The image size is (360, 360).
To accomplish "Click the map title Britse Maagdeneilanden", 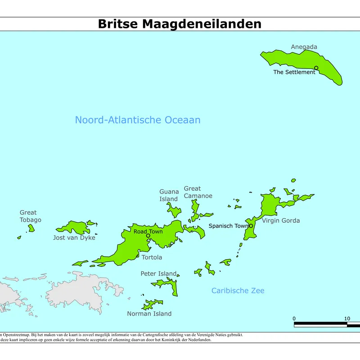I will pyautogui.click(x=180, y=24).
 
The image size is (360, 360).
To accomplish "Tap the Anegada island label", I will pyautogui.click(x=304, y=47).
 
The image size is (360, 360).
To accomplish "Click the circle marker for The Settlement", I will pyautogui.click(x=316, y=68).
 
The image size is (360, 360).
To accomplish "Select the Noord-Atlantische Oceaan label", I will pyautogui.click(x=137, y=120).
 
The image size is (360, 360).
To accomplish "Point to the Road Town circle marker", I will pyautogui.click(x=148, y=235).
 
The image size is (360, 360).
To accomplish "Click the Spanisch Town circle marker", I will pyautogui.click(x=251, y=226).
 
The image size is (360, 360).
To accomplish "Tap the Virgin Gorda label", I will pyautogui.click(x=281, y=220).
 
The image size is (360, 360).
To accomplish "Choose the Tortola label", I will pyautogui.click(x=152, y=257).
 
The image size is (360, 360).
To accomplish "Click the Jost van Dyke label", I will pyautogui.click(x=74, y=238).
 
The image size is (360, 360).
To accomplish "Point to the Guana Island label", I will pyautogui.click(x=169, y=195).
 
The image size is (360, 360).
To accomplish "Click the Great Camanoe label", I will pyautogui.click(x=198, y=192).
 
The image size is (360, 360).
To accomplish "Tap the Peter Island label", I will pyautogui.click(x=158, y=274).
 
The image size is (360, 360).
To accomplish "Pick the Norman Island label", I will pyautogui.click(x=149, y=314).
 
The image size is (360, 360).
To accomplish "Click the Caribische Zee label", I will pyautogui.click(x=238, y=291).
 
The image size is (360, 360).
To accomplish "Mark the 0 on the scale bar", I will pyautogui.click(x=294, y=319).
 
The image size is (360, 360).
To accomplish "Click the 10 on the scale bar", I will pyautogui.click(x=346, y=319).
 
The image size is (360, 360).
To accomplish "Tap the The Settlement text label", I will pyautogui.click(x=294, y=72).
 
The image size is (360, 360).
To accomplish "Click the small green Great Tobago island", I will pyautogui.click(x=31, y=229).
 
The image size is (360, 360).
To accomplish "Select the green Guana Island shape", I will pyautogui.click(x=174, y=210).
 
